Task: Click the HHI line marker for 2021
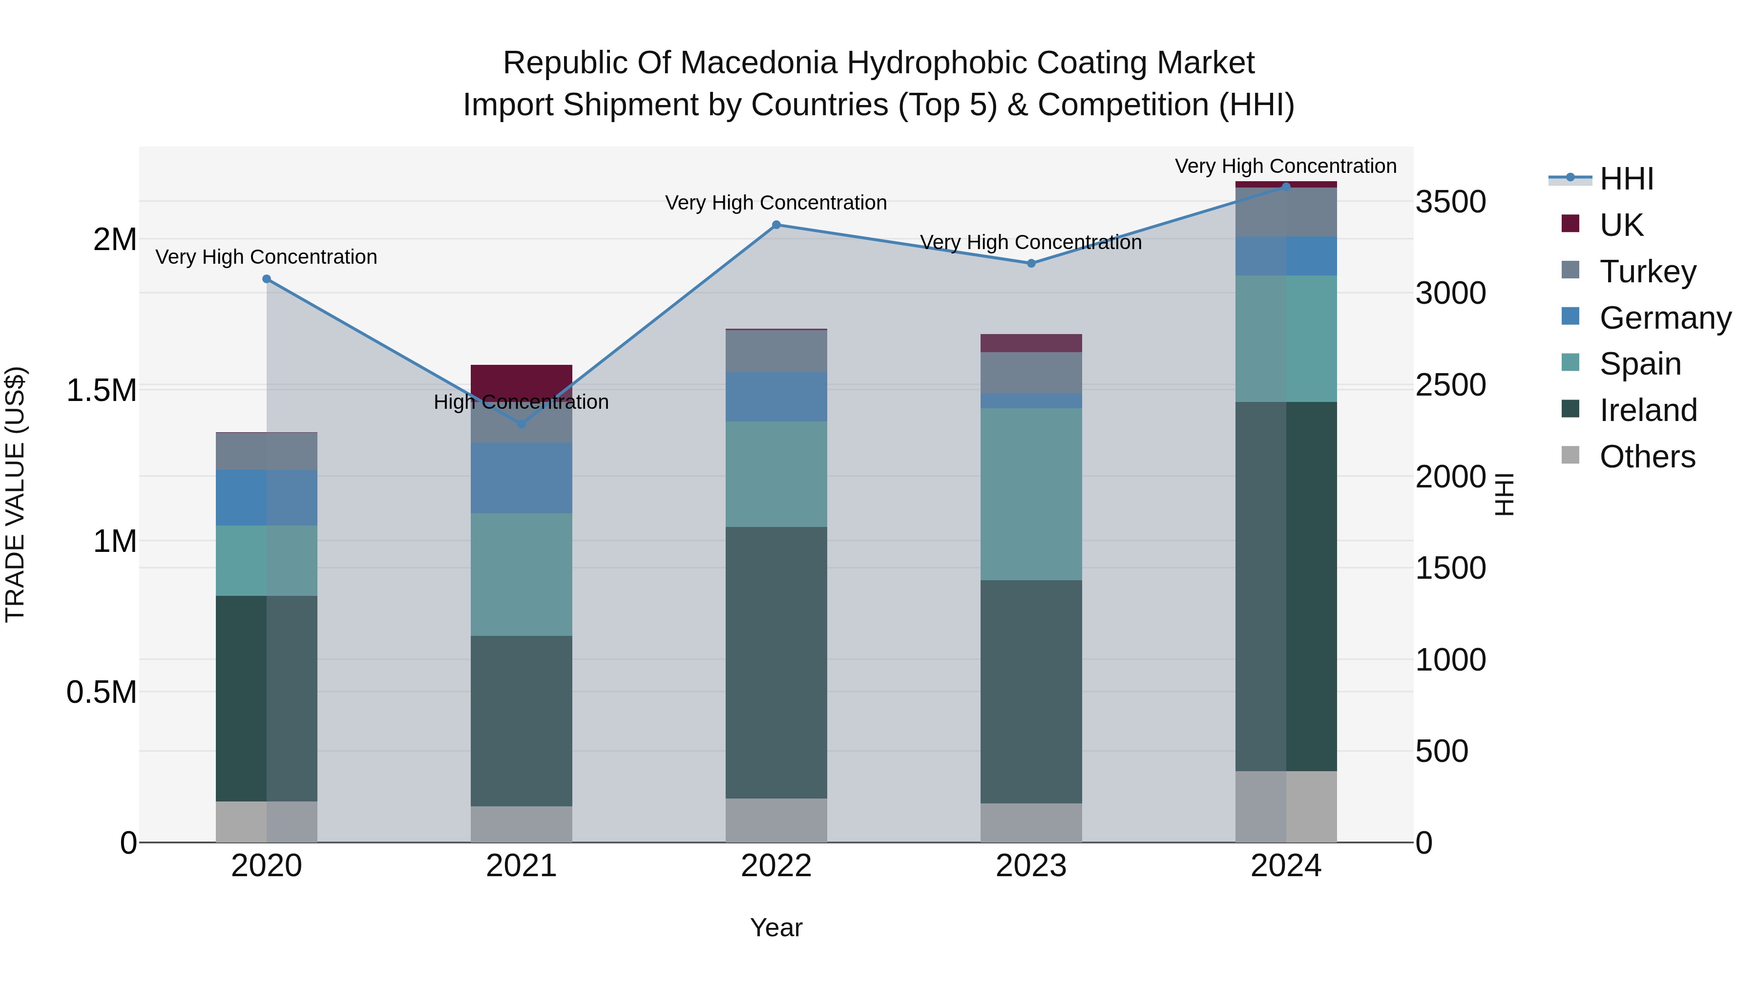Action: click(x=522, y=424)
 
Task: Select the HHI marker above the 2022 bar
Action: click(x=776, y=225)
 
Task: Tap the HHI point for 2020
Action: click(x=267, y=278)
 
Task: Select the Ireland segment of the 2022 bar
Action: click(x=776, y=662)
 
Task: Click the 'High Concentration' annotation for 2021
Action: click(x=522, y=402)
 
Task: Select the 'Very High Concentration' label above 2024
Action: click(x=1286, y=166)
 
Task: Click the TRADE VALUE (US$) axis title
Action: click(x=15, y=494)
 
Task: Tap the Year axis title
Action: click(x=776, y=927)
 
